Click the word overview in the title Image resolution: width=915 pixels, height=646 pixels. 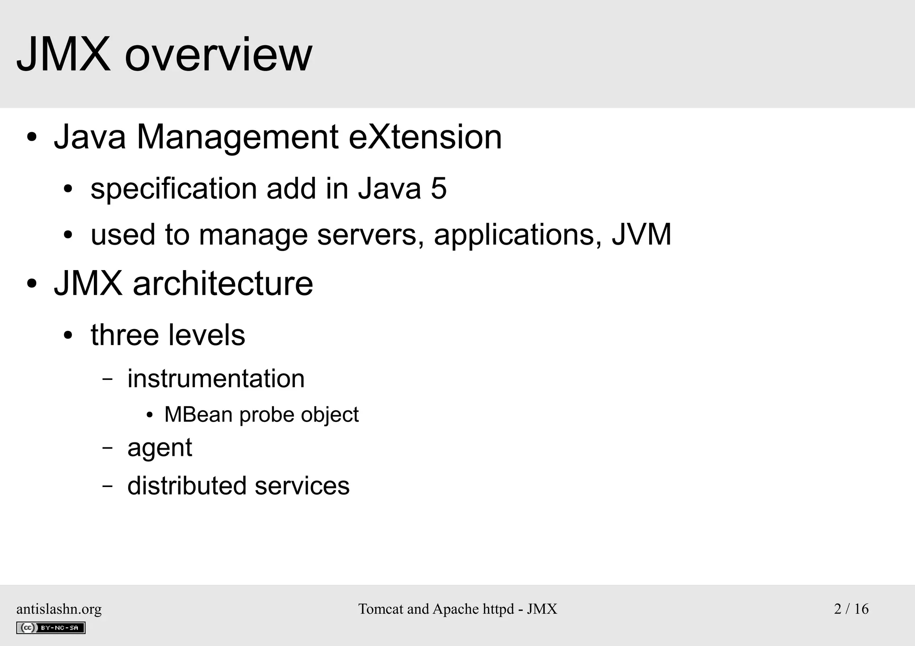(x=218, y=55)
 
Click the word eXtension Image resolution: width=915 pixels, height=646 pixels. (x=425, y=137)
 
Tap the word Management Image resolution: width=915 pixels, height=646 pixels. (x=237, y=137)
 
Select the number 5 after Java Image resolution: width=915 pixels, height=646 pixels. (x=438, y=188)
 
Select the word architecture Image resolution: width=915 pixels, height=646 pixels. (x=223, y=283)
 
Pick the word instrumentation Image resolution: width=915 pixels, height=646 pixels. (x=216, y=379)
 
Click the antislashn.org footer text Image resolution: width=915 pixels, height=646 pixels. (x=59, y=609)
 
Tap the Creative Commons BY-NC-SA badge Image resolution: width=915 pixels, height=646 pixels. (x=50, y=628)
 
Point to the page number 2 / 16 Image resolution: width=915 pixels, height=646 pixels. (x=851, y=609)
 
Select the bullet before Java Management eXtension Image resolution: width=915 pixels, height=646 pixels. (x=31, y=138)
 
